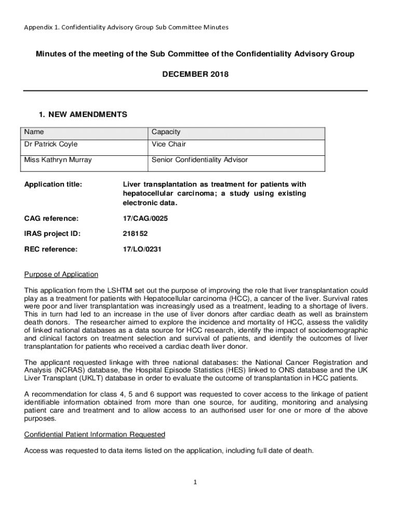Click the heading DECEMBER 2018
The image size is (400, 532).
click(195, 75)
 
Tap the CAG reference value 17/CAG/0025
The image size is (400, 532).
click(145, 219)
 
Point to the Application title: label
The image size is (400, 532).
click(53, 184)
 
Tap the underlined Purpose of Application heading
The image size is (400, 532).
click(61, 274)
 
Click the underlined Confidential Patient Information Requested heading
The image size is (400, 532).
click(95, 434)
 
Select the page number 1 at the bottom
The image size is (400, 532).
click(195, 482)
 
